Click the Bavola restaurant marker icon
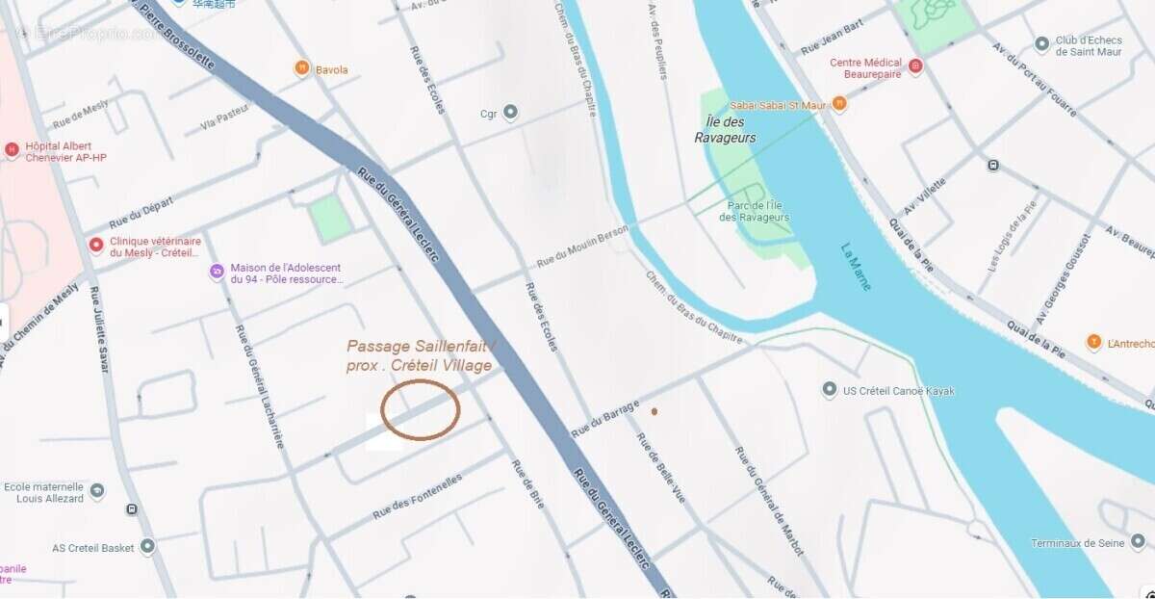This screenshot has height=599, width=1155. (x=301, y=68)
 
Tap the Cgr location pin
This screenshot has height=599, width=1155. (x=511, y=113)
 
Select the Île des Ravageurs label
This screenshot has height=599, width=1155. (x=725, y=129)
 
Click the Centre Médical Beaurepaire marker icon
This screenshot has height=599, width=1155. (x=915, y=66)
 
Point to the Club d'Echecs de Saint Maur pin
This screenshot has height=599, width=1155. (x=1041, y=44)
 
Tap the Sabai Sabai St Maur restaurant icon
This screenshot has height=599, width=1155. (x=839, y=103)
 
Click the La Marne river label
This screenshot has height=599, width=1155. (x=855, y=266)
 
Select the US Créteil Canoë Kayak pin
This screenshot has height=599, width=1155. (x=830, y=390)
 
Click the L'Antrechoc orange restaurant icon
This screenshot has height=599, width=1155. (x=1093, y=342)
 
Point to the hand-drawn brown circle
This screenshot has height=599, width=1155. (x=421, y=409)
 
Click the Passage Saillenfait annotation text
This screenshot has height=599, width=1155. (x=420, y=355)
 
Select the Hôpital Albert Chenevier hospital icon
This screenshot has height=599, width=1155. (x=12, y=149)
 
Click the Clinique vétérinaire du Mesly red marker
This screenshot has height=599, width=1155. (x=95, y=246)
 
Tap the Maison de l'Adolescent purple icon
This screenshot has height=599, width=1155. (x=217, y=273)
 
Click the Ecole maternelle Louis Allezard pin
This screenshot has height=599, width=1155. (x=97, y=492)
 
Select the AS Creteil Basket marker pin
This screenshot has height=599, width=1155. (x=147, y=547)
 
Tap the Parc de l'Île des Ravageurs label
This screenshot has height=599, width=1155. (x=755, y=211)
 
